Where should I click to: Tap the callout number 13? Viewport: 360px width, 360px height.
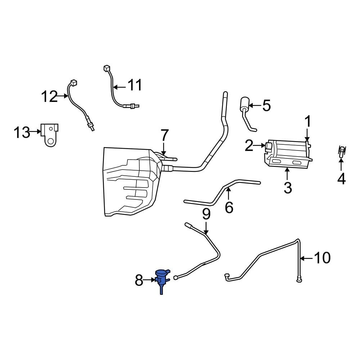coord(22,132)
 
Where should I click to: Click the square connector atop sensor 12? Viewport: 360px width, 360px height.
coord(73,82)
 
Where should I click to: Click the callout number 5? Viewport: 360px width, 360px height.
coord(266,106)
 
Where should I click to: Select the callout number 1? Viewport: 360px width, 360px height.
coord(308,122)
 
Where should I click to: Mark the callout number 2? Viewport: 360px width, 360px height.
coord(249,146)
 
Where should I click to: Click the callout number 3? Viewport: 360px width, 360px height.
coord(287,187)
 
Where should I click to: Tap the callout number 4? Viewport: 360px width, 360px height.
coord(341,179)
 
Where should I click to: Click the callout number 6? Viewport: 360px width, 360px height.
coord(229,207)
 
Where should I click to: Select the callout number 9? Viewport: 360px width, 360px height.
coord(206,215)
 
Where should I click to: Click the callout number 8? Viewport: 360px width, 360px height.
coord(139,280)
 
